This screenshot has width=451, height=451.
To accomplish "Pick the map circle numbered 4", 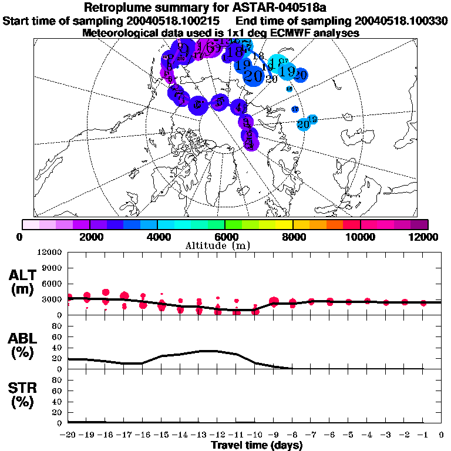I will click(239, 107).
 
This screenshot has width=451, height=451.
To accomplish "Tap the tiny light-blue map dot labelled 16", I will click(289, 89).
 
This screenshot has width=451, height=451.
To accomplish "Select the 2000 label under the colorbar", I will click(89, 237).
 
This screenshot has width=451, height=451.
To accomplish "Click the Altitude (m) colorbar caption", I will click(226, 245).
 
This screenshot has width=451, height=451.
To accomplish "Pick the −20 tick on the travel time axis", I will click(68, 434).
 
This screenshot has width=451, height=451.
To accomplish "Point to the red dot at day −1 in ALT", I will click(423, 302).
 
